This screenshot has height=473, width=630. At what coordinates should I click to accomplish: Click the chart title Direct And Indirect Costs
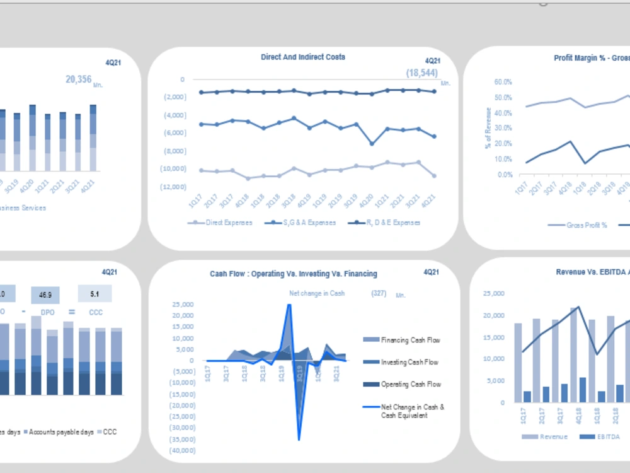[x=303, y=57]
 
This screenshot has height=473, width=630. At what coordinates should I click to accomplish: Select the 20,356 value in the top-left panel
[x=79, y=79]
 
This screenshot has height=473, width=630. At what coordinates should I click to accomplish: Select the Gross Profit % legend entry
[x=586, y=225]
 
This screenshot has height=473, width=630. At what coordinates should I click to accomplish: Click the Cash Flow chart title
[x=294, y=274]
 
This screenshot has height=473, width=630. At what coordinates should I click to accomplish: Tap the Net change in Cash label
[x=317, y=293]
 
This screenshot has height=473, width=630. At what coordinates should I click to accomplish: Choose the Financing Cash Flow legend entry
[x=410, y=341]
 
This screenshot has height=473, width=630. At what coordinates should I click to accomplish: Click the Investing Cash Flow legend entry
[x=409, y=363]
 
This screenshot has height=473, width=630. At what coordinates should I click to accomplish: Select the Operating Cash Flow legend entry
[x=410, y=385]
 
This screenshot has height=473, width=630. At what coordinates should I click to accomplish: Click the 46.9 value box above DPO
[x=45, y=295]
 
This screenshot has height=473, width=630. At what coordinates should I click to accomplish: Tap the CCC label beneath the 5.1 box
[x=95, y=312]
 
